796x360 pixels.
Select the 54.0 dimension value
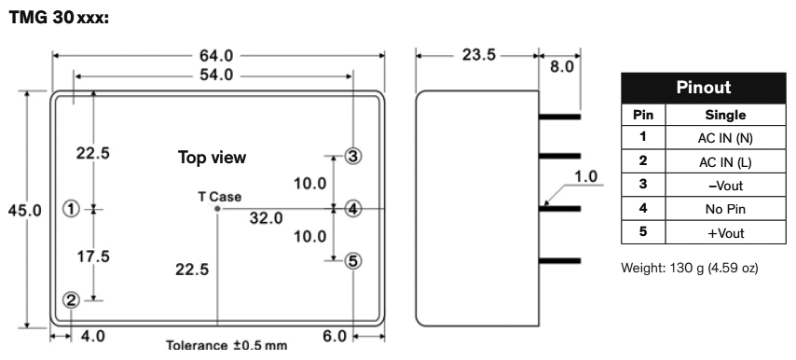(x=215, y=75)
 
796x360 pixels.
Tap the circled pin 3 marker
(x=352, y=155)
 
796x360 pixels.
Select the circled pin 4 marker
(x=352, y=208)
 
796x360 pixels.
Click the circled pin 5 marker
(x=352, y=260)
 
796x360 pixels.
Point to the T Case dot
(x=218, y=209)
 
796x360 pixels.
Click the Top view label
(x=212, y=158)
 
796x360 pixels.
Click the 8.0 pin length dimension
(x=561, y=67)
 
